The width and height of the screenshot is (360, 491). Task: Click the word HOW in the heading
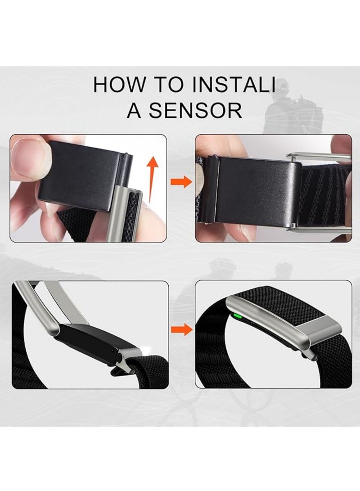tap(120, 85)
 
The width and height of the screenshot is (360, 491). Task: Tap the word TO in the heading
tap(169, 85)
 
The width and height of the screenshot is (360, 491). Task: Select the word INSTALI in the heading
tap(234, 85)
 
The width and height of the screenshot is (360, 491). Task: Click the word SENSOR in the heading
tap(195, 110)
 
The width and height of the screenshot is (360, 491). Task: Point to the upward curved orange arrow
tap(152, 179)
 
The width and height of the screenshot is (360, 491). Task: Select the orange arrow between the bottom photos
tap(181, 329)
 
